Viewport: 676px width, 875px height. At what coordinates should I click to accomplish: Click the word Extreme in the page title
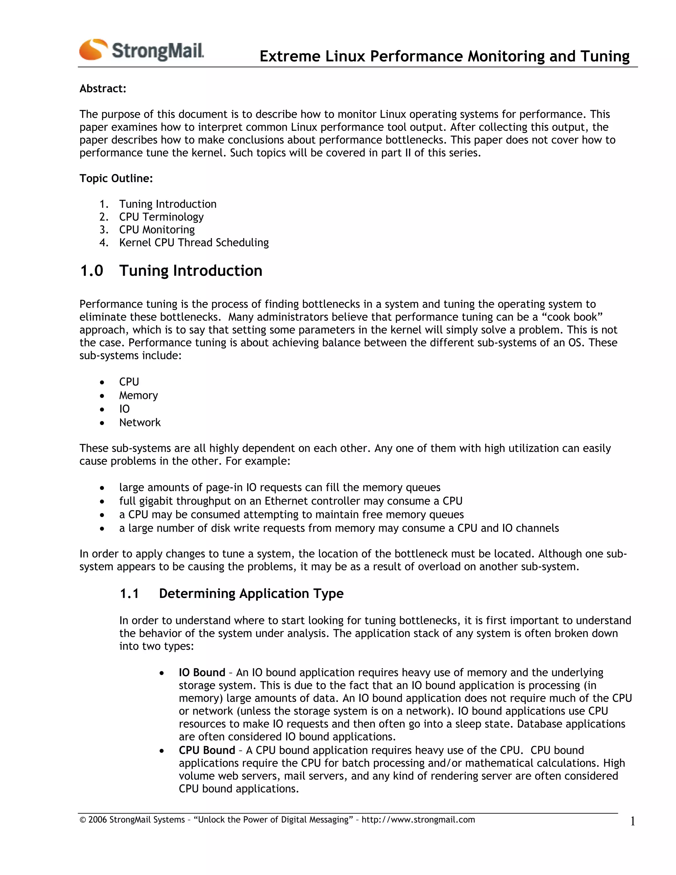click(289, 56)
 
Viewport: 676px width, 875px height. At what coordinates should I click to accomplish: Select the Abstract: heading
click(103, 88)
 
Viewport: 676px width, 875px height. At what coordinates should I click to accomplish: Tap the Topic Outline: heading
click(116, 178)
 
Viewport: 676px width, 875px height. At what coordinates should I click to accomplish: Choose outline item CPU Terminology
click(161, 217)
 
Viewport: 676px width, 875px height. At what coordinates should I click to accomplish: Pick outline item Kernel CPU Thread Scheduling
click(194, 242)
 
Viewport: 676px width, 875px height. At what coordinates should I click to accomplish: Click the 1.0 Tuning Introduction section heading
click(171, 271)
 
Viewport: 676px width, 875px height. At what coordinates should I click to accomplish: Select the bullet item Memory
click(138, 396)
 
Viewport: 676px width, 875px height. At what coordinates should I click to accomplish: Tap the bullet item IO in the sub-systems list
click(124, 409)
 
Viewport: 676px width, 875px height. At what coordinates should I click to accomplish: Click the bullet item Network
click(140, 423)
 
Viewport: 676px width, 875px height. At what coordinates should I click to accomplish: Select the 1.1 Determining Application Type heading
click(231, 593)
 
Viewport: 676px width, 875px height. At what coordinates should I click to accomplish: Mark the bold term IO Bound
click(202, 673)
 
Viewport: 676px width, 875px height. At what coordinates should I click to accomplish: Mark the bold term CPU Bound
click(207, 751)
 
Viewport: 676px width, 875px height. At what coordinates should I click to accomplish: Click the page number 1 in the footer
click(632, 822)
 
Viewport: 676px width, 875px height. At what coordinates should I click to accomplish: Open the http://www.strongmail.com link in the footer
click(418, 820)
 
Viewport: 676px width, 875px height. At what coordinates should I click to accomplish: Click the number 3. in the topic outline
click(104, 229)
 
